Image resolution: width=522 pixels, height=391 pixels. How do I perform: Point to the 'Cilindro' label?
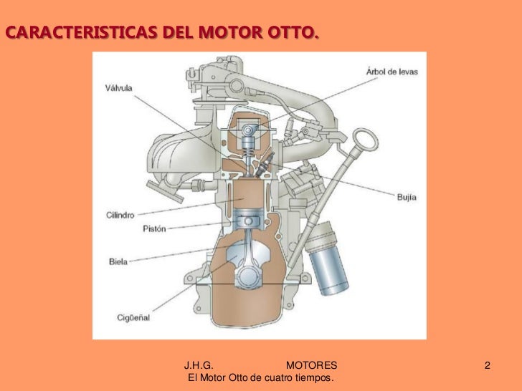[118, 213]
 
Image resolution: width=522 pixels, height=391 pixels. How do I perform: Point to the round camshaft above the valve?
[248, 130]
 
